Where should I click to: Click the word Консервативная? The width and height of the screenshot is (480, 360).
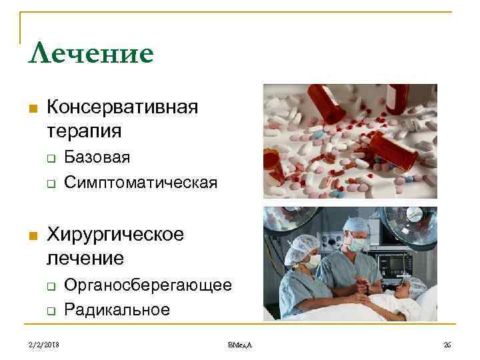pyautogui.click(x=123, y=107)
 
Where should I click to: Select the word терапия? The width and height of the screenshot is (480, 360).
pyautogui.click(x=84, y=129)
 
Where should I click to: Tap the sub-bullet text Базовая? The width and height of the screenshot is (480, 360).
pyautogui.click(x=97, y=157)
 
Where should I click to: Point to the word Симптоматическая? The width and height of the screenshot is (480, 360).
pyautogui.click(x=141, y=182)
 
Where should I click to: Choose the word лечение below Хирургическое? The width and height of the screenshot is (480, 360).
pyautogui.click(x=85, y=257)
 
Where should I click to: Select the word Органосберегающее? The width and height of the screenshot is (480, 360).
pyautogui.click(x=148, y=285)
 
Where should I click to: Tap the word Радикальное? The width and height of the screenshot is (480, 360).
pyautogui.click(x=117, y=309)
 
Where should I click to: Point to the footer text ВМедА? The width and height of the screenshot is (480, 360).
pyautogui.click(x=240, y=344)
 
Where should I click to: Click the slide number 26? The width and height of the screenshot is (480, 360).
pyautogui.click(x=447, y=344)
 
